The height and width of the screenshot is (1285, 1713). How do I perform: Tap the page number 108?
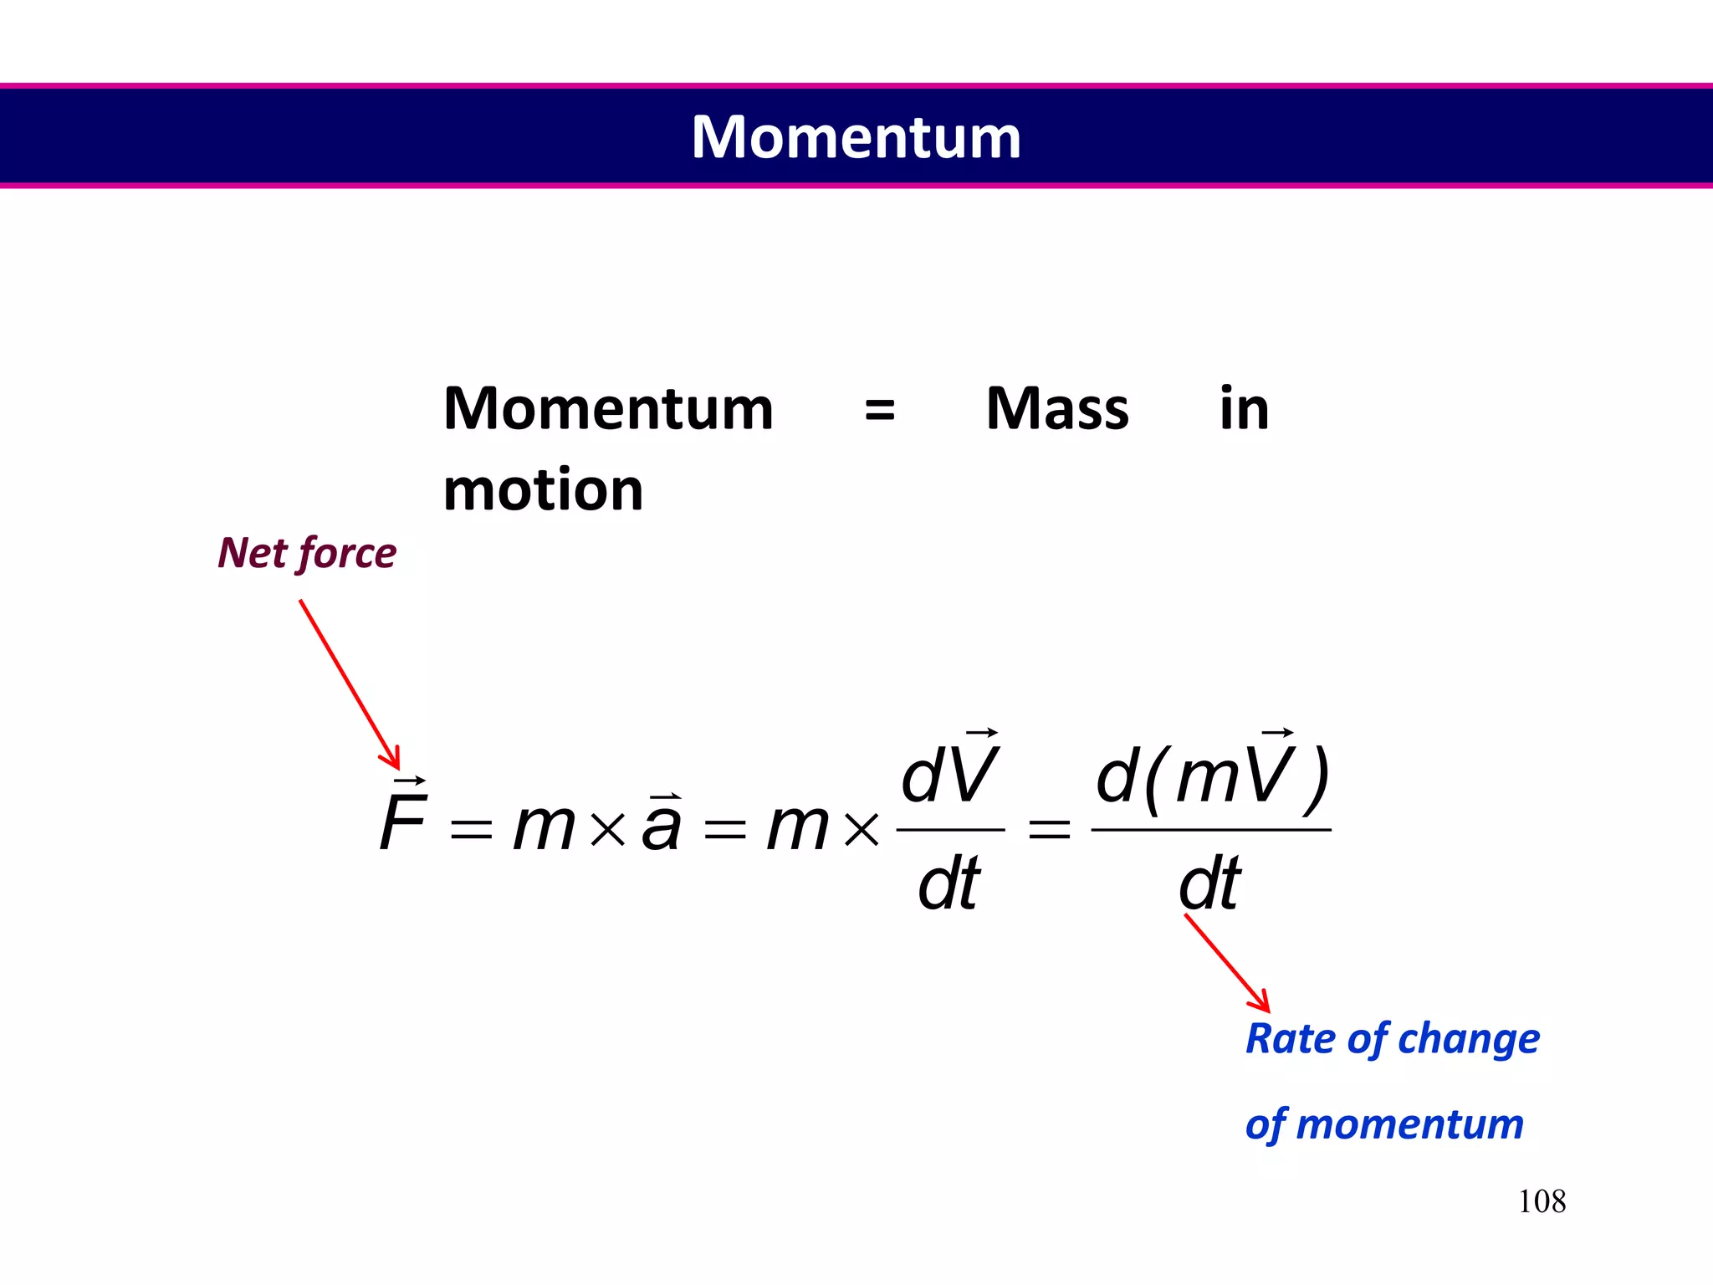coord(1542,1201)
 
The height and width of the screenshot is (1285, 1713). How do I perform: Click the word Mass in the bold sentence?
coord(1057,409)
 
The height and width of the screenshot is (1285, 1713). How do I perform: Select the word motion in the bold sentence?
coord(544,490)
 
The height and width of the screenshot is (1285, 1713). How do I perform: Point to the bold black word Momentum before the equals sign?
coord(608,409)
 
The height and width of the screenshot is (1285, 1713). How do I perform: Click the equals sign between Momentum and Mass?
coord(879,411)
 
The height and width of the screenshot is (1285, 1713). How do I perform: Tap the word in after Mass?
coord(1244,409)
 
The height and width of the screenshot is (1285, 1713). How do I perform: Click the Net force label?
coord(307,553)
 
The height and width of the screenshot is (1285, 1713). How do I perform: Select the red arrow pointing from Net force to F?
coord(349,683)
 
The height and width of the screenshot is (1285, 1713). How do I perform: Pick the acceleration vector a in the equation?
coord(662,823)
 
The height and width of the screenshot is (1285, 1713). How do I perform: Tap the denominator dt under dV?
coord(949,883)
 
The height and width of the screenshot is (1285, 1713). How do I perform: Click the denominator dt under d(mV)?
coord(1209,883)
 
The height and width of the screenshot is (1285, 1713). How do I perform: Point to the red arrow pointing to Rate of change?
coord(1227,962)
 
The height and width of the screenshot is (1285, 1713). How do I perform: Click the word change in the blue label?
coord(1469,1039)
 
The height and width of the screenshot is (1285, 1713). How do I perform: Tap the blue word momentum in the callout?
coord(1410,1124)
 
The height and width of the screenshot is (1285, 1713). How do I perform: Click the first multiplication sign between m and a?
coord(608,829)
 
